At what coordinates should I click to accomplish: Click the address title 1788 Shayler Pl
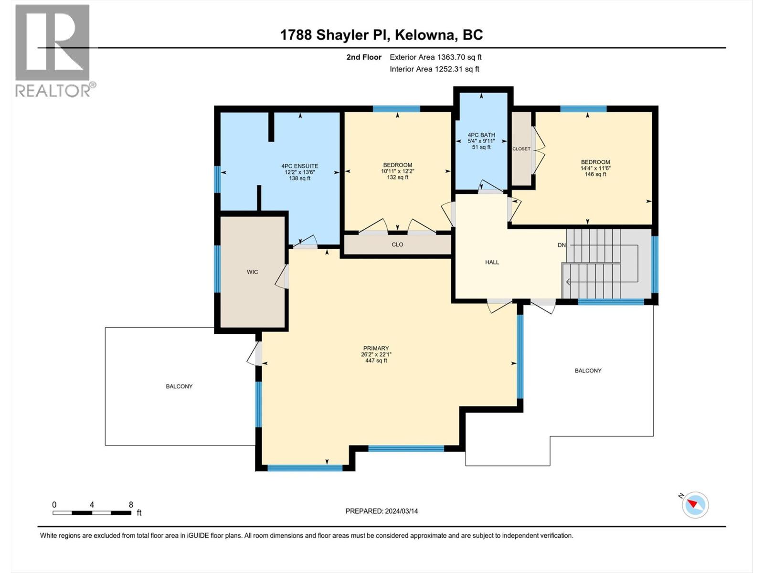[x=381, y=35]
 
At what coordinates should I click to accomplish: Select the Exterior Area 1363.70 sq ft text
[x=435, y=57]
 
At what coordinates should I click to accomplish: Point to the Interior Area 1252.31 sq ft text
[x=434, y=69]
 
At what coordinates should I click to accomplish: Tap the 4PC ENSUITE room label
[x=299, y=166]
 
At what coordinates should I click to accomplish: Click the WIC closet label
[x=252, y=272]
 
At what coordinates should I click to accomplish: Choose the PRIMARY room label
[x=376, y=348]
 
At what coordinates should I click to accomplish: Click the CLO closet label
[x=397, y=244]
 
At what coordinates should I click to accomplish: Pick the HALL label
[x=492, y=262]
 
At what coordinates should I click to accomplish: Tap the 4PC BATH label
[x=481, y=135]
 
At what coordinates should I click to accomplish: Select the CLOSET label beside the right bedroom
[x=521, y=149]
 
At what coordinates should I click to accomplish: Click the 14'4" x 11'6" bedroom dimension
[x=595, y=168]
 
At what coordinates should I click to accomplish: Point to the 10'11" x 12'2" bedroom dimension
[x=397, y=171]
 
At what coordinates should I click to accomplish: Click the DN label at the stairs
[x=561, y=245]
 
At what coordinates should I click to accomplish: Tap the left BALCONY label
[x=179, y=386]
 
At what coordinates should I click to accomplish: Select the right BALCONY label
[x=588, y=371]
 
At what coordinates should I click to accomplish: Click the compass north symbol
[x=695, y=504]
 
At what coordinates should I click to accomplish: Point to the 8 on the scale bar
[x=131, y=505]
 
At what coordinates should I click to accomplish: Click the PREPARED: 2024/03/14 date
[x=382, y=511]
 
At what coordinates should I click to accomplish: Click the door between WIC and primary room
[x=282, y=277]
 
